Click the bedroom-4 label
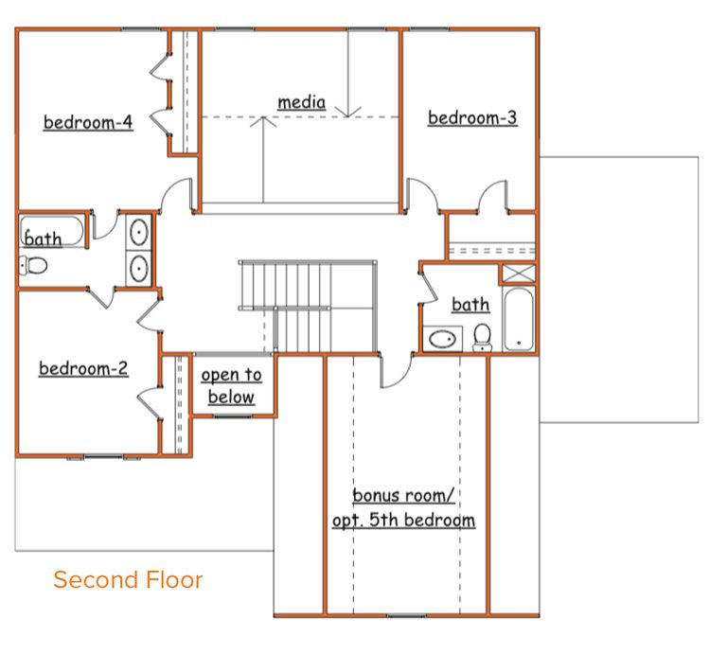coord(88,122)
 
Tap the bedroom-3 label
coord(472,117)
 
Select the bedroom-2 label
coord(83,368)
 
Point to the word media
coord(301,102)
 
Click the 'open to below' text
coord(231,385)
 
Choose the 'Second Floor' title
coord(128,580)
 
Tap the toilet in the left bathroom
coord(33,266)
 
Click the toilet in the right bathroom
coord(482,337)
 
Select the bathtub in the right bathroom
coord(519,319)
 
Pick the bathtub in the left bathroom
coord(52,231)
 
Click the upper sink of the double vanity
coord(139,232)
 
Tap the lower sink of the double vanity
coord(139,269)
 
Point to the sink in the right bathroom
coord(442,339)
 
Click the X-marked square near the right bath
coord(519,274)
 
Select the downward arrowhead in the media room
coord(347,112)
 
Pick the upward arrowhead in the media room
coord(263,121)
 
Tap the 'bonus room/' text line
coord(403,495)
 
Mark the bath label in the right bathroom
coord(470,305)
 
